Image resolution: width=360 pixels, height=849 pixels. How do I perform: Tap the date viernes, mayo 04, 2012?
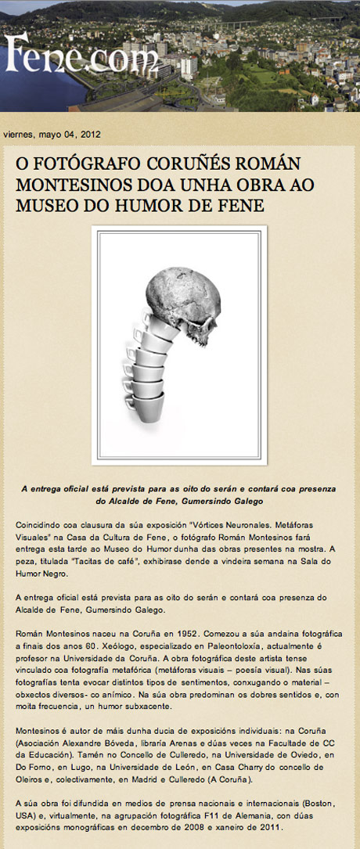coord(52,135)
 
